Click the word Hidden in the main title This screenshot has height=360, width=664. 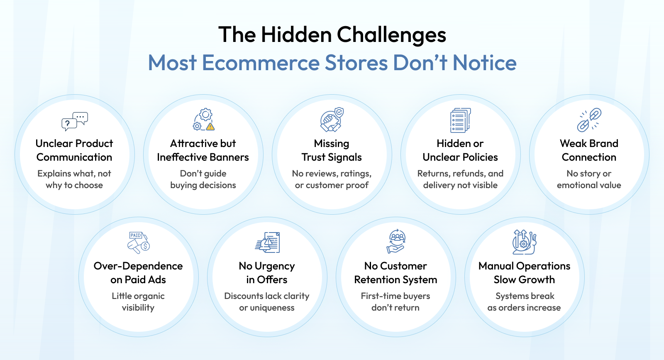296,35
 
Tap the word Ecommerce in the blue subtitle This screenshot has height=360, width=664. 261,63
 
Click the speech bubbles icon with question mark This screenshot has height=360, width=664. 75,121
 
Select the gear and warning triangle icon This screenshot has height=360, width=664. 203,120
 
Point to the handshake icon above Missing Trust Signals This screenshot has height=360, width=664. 332,120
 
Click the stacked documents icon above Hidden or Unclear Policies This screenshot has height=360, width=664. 460,120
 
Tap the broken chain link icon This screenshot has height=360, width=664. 589,120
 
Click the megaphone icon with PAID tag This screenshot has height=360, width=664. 139,242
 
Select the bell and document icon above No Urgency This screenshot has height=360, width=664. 267,242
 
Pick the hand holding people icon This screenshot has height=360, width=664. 396,241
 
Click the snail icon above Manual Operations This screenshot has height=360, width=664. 525,242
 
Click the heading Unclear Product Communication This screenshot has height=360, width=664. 74,150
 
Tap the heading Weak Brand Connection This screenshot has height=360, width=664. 589,150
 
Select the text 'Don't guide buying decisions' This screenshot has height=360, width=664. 203,179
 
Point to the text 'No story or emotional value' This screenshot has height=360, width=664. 589,179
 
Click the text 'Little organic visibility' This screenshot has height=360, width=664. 138,301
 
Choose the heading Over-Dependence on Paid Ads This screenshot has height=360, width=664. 138,273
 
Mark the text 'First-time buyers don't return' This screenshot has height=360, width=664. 395,301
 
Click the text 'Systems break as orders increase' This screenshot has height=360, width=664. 524,301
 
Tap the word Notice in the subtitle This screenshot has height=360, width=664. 484,63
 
